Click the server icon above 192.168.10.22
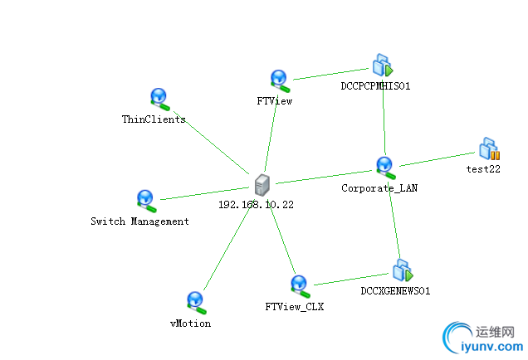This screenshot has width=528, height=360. click(x=263, y=183)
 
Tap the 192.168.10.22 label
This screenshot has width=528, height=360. click(x=256, y=204)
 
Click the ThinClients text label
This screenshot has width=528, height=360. click(x=154, y=119)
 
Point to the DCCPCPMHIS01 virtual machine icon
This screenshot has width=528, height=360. click(x=382, y=65)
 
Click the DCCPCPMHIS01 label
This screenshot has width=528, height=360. click(x=376, y=85)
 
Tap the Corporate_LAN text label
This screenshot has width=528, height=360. click(x=379, y=188)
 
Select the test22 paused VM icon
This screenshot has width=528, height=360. click(x=489, y=148)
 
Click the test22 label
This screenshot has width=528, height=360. click(x=483, y=169)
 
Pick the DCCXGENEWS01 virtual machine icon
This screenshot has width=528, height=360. click(x=402, y=270)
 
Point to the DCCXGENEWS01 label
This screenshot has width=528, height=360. click(x=395, y=291)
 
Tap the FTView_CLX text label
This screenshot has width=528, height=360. click(x=294, y=307)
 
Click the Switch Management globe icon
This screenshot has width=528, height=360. click(x=145, y=200)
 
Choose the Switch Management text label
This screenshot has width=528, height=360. click(x=139, y=221)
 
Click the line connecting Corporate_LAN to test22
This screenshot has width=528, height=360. click(x=436, y=158)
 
